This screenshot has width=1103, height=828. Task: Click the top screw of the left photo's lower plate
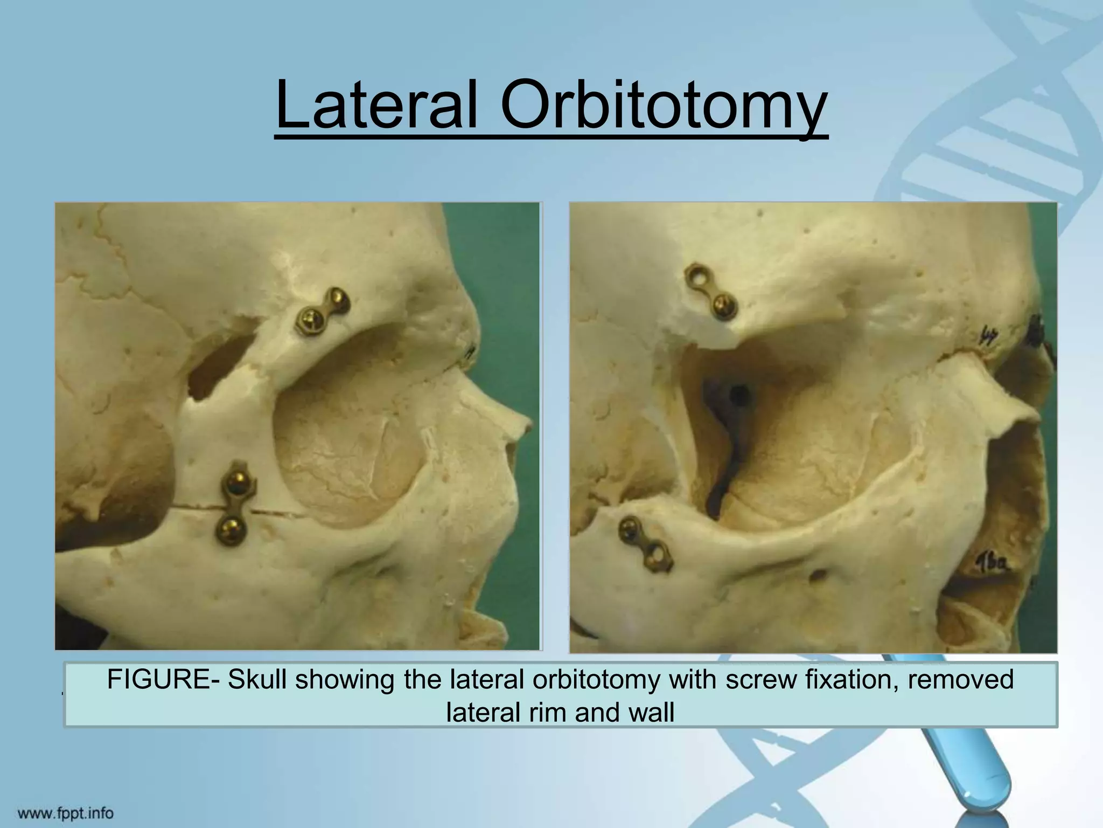[x=236, y=481]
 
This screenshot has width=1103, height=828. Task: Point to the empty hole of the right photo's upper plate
[x=695, y=278]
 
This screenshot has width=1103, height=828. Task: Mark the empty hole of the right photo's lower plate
[x=657, y=554]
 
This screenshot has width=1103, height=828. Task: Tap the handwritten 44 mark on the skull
[x=988, y=336]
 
